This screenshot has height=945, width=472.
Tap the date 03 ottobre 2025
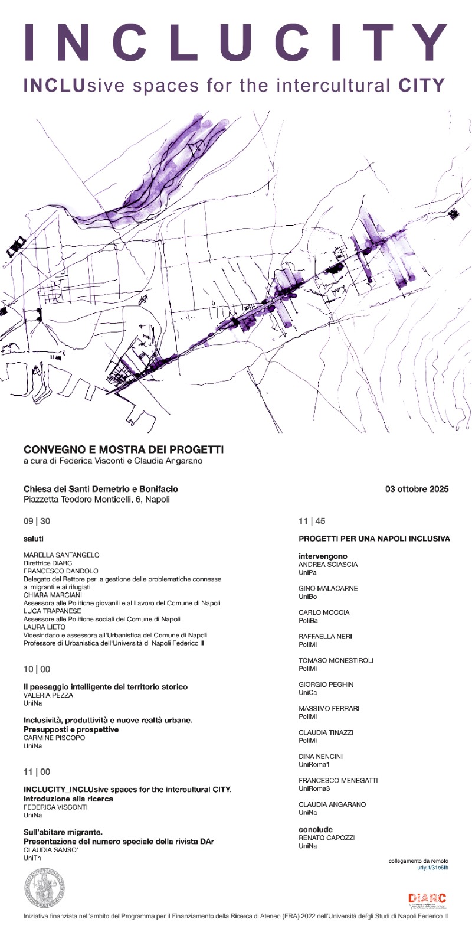pyautogui.click(x=417, y=488)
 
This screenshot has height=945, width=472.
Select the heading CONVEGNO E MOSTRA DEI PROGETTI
pyautogui.click(x=123, y=449)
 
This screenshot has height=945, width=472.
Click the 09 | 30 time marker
pyautogui.click(x=37, y=521)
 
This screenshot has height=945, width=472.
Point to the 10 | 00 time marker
pyautogui.click(x=37, y=669)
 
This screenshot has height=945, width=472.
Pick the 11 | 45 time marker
pyautogui.click(x=312, y=521)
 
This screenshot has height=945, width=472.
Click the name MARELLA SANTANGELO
pyautogui.click(x=61, y=555)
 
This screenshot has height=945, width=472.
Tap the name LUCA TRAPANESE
pyautogui.click(x=52, y=611)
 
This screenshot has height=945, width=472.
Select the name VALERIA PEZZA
pyautogui.click(x=48, y=695)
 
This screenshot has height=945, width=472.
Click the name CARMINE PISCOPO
pyautogui.click(x=54, y=738)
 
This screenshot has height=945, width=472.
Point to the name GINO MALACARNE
pyautogui.click(x=328, y=588)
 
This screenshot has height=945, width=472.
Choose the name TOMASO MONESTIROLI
pyautogui.click(x=336, y=660)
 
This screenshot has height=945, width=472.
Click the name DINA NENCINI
pyautogui.click(x=320, y=756)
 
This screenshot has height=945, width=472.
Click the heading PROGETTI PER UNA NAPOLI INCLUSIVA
pyautogui.click(x=374, y=539)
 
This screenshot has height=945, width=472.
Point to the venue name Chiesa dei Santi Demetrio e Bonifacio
pyautogui.click(x=101, y=489)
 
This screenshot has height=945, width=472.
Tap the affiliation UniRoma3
pyautogui.click(x=314, y=788)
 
